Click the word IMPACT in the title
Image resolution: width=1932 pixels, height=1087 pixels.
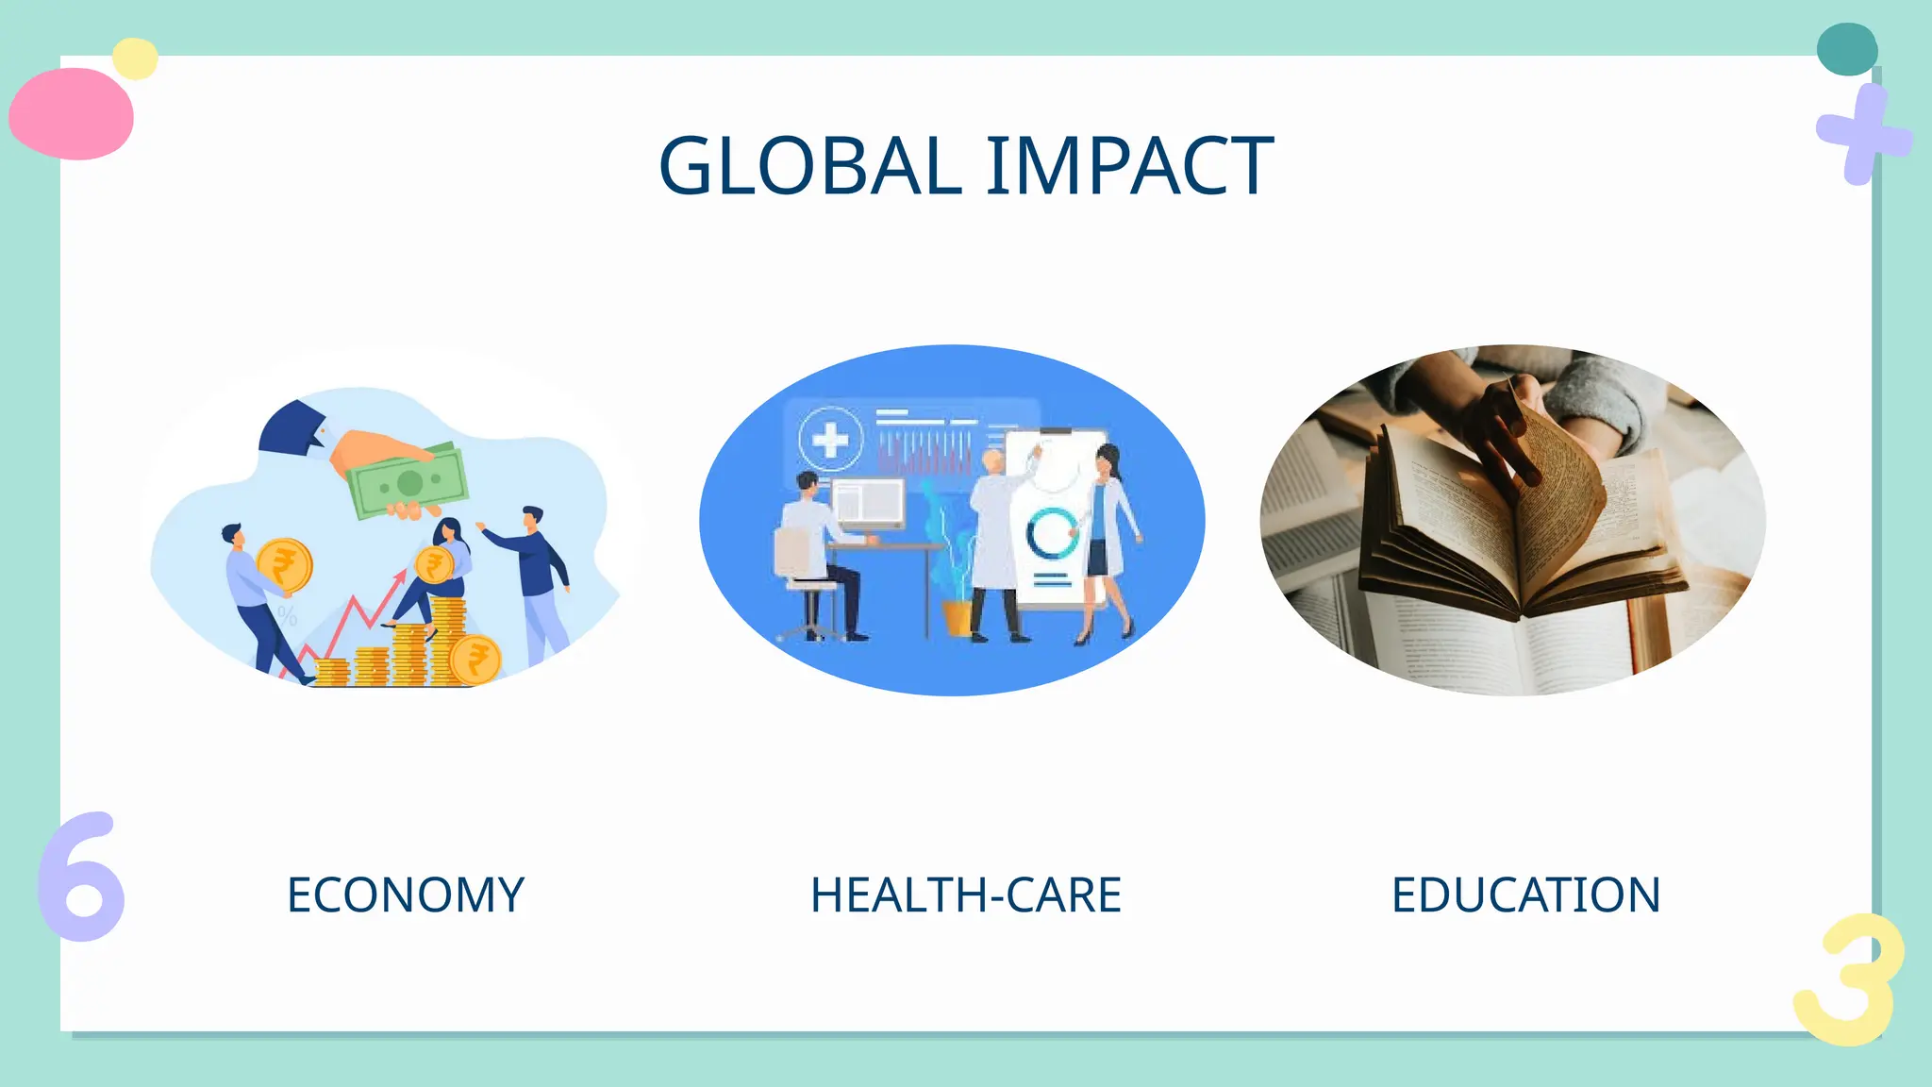click(1130, 166)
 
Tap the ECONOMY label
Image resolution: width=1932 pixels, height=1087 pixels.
click(406, 895)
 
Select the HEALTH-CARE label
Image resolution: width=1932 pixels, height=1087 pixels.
click(966, 895)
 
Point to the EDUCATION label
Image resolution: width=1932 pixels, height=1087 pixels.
click(1525, 895)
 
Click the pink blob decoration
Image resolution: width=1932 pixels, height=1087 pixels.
click(72, 113)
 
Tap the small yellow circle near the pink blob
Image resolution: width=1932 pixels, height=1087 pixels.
click(135, 59)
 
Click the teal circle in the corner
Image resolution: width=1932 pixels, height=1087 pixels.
click(1846, 49)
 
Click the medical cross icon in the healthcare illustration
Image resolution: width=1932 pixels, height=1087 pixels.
click(830, 439)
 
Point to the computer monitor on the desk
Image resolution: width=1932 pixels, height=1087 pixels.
click(868, 502)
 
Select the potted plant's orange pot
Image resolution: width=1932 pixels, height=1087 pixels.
click(957, 618)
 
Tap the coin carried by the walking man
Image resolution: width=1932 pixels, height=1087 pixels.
click(284, 565)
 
